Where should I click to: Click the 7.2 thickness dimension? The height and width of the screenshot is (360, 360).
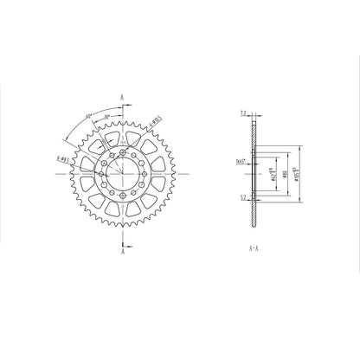click(243, 113)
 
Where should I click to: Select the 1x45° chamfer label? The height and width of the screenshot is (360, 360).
click(240, 162)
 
